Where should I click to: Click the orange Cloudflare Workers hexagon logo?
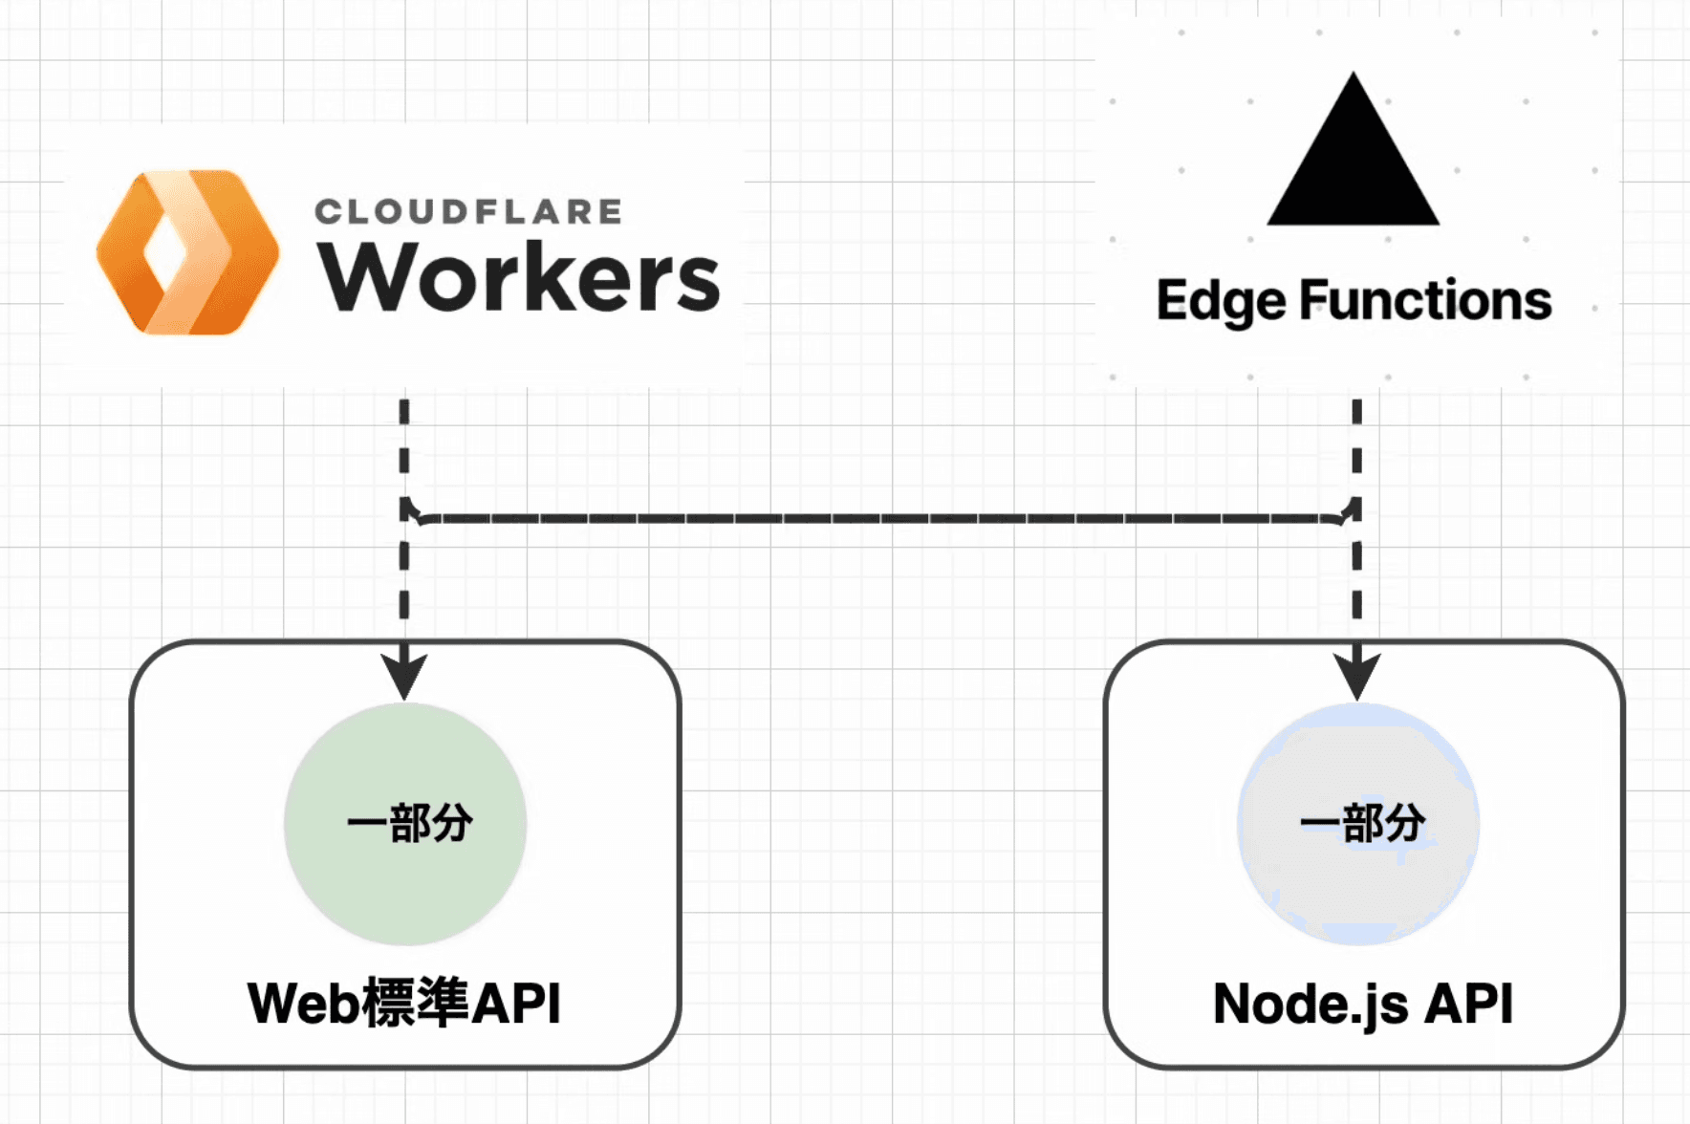click(x=187, y=252)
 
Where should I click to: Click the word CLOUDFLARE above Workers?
click(x=468, y=211)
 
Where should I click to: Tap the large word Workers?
click(x=518, y=277)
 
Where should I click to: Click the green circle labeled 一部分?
click(x=405, y=879)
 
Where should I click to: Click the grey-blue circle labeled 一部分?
click(x=1358, y=879)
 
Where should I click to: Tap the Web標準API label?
click(x=403, y=1003)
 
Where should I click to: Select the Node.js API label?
click(x=1362, y=1004)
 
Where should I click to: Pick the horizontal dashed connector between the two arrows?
click(x=879, y=518)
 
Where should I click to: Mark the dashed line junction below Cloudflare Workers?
click(x=406, y=512)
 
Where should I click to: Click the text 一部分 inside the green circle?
click(x=409, y=823)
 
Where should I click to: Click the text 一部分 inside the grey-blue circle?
click(x=1362, y=822)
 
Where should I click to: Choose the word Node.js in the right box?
click(x=1310, y=1005)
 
